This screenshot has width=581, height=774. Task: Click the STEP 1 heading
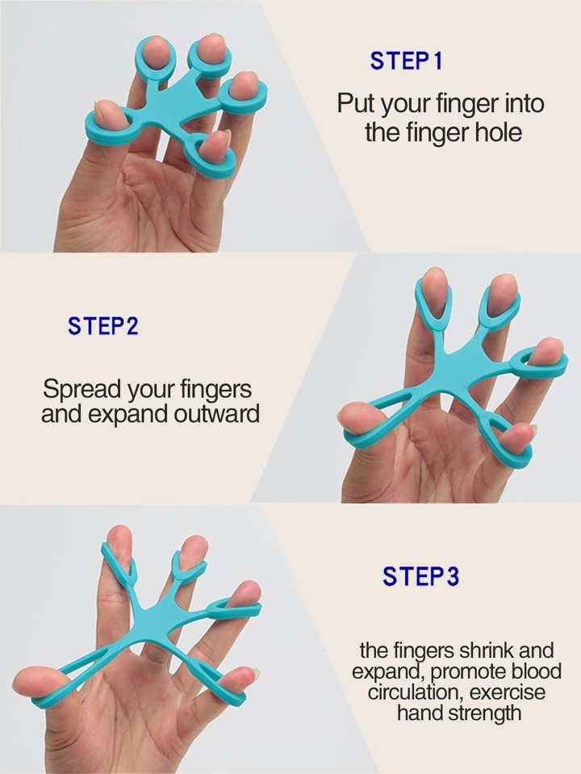tap(406, 61)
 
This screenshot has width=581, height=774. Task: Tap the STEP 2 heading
tap(103, 326)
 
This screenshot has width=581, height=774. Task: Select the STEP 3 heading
tap(420, 576)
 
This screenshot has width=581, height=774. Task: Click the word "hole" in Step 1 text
tap(498, 132)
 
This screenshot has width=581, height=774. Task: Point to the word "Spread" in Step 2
tap(82, 390)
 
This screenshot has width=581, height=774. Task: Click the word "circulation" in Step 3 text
tap(415, 692)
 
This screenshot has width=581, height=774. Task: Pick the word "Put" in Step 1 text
tap(355, 103)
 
